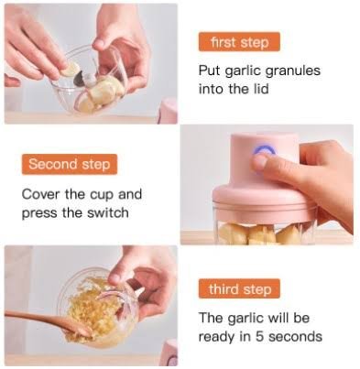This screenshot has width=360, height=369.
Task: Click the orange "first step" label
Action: click(x=239, y=42)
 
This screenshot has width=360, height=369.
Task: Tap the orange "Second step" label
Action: click(x=70, y=164)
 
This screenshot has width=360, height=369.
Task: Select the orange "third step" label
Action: click(x=240, y=288)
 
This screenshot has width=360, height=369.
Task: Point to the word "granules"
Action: click(x=292, y=71)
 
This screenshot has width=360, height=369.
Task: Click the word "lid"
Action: click(x=260, y=89)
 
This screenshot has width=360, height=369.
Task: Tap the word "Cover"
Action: click(x=41, y=194)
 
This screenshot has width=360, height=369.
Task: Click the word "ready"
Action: click(x=217, y=337)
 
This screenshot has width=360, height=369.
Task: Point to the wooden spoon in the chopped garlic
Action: click(x=48, y=322)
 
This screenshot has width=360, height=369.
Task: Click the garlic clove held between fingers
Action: click(x=70, y=69)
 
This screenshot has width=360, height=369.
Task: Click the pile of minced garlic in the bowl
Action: click(x=92, y=309)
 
